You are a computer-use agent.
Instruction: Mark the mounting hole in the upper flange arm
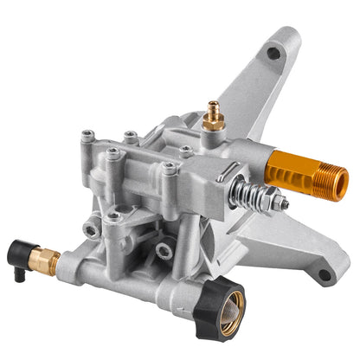[x=273, y=54]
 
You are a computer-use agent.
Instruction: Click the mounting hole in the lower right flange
[x=323, y=275]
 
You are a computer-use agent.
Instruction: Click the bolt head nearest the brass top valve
[x=185, y=150]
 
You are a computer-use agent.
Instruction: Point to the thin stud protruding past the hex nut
[x=285, y=207]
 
